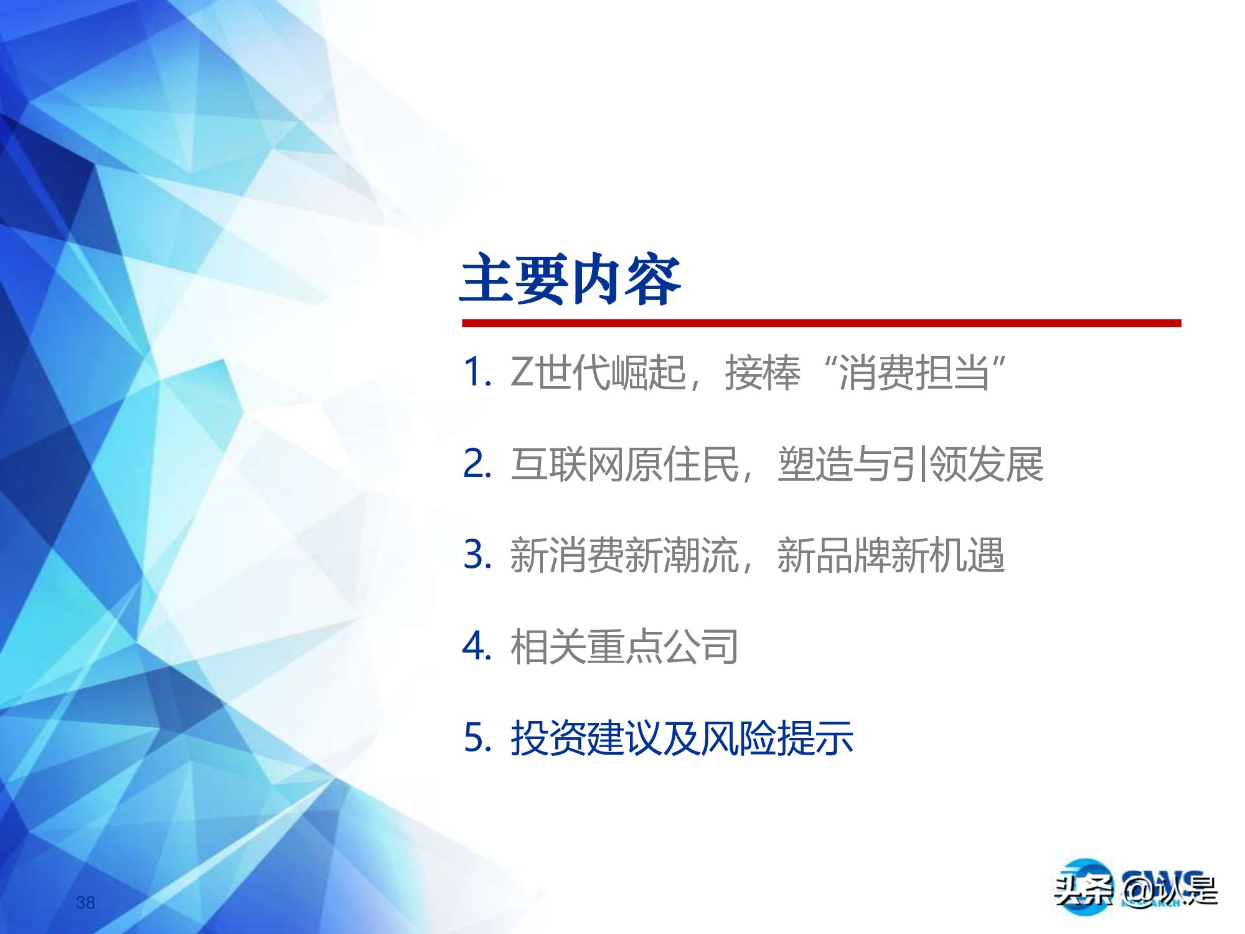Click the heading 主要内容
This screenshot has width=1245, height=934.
[571, 280]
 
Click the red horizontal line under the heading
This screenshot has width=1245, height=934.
[821, 323]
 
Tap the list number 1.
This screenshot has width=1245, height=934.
[474, 372]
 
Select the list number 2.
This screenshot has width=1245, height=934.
[476, 464]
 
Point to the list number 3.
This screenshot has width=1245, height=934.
[476, 554]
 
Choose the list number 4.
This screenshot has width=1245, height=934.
[476, 646]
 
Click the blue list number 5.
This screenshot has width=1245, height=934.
[476, 738]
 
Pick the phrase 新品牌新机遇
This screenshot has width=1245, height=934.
[890, 555]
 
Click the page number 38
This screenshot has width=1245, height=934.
[85, 902]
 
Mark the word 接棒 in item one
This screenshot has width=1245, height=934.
[762, 373]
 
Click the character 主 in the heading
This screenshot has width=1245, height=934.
[487, 280]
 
